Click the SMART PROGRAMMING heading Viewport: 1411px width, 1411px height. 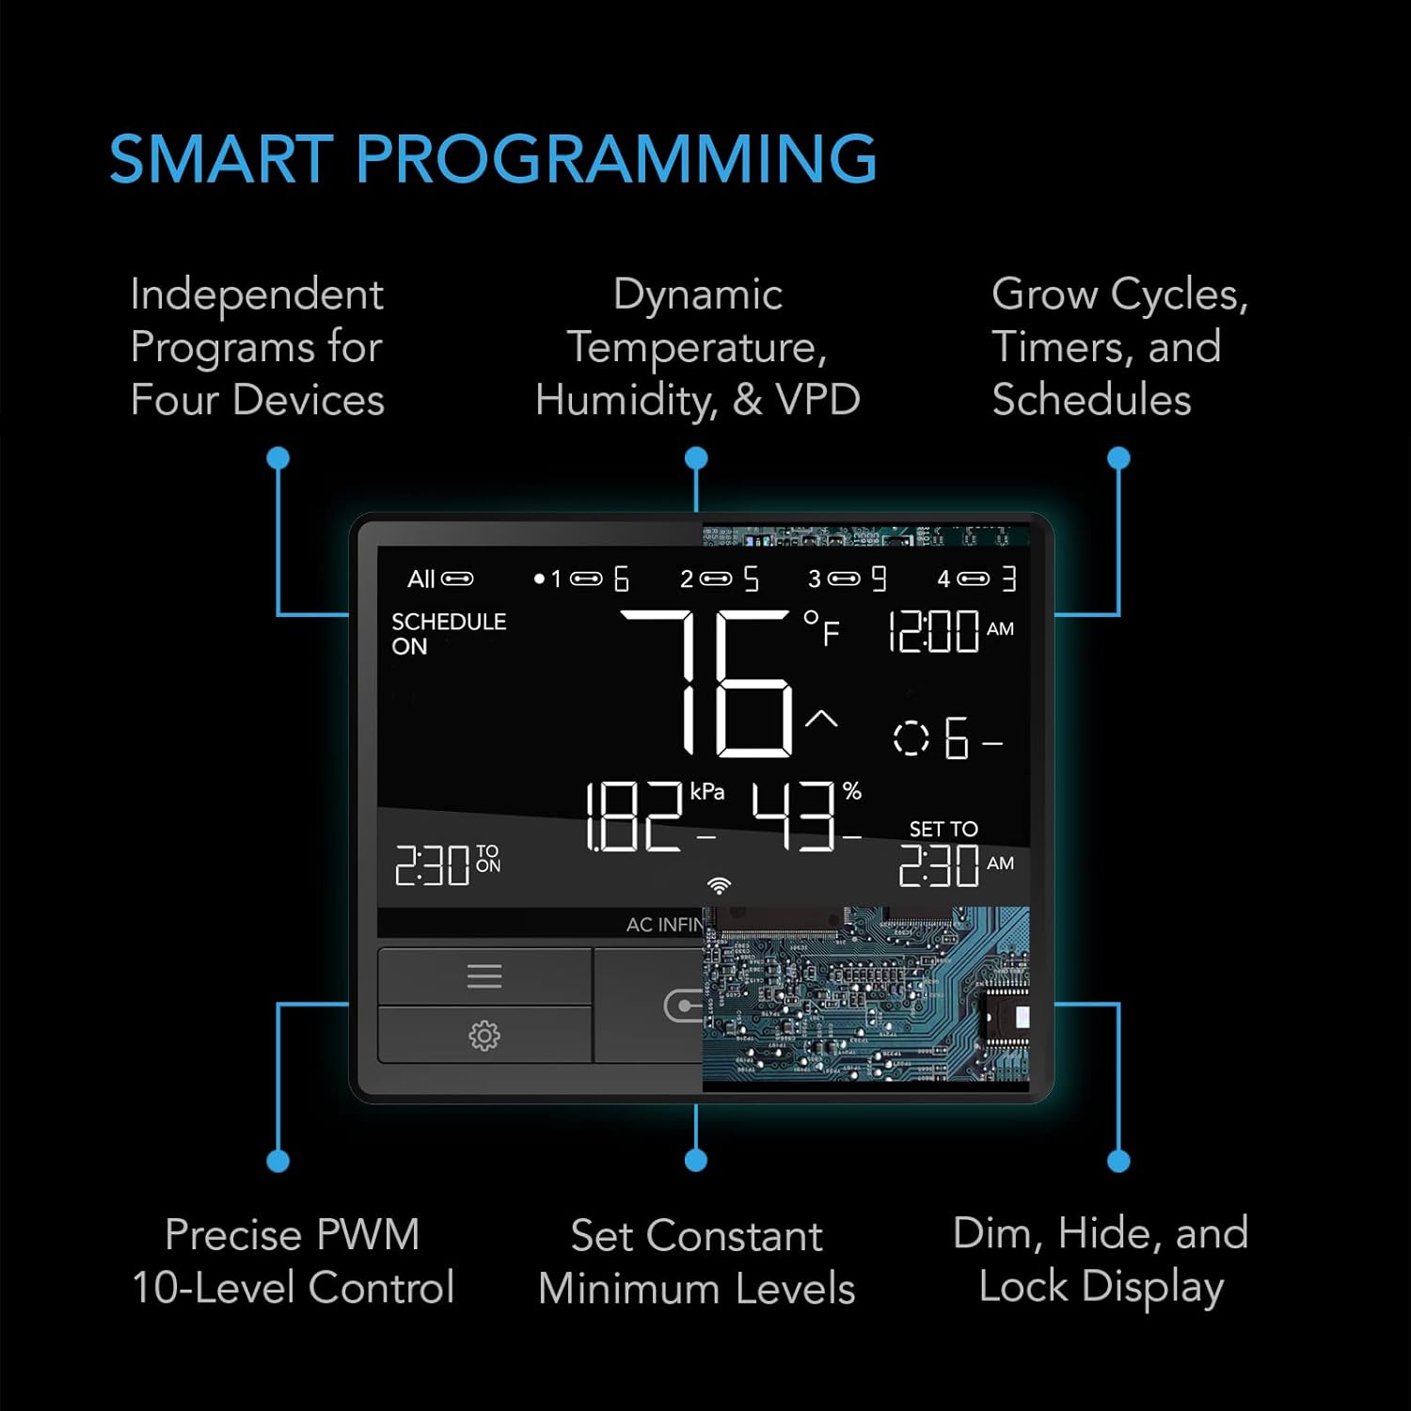click(493, 158)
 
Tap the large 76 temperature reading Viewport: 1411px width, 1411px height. click(707, 683)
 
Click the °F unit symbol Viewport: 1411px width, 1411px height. click(821, 627)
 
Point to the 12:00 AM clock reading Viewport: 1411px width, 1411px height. click(951, 630)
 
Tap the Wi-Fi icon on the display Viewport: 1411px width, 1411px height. click(720, 885)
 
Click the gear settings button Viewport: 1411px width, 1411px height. click(484, 1036)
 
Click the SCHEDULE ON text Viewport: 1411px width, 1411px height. click(449, 634)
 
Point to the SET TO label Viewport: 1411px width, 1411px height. click(943, 829)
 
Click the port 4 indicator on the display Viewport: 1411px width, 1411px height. click(976, 579)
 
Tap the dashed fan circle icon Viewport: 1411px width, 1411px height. click(911, 737)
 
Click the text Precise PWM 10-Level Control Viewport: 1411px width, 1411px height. click(293, 1260)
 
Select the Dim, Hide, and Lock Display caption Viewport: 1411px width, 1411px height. click(1101, 1260)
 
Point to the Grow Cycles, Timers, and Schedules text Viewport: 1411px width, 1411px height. click(1119, 346)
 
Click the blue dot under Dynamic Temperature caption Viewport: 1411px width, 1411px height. click(696, 458)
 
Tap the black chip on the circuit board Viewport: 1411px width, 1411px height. click(1006, 1018)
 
